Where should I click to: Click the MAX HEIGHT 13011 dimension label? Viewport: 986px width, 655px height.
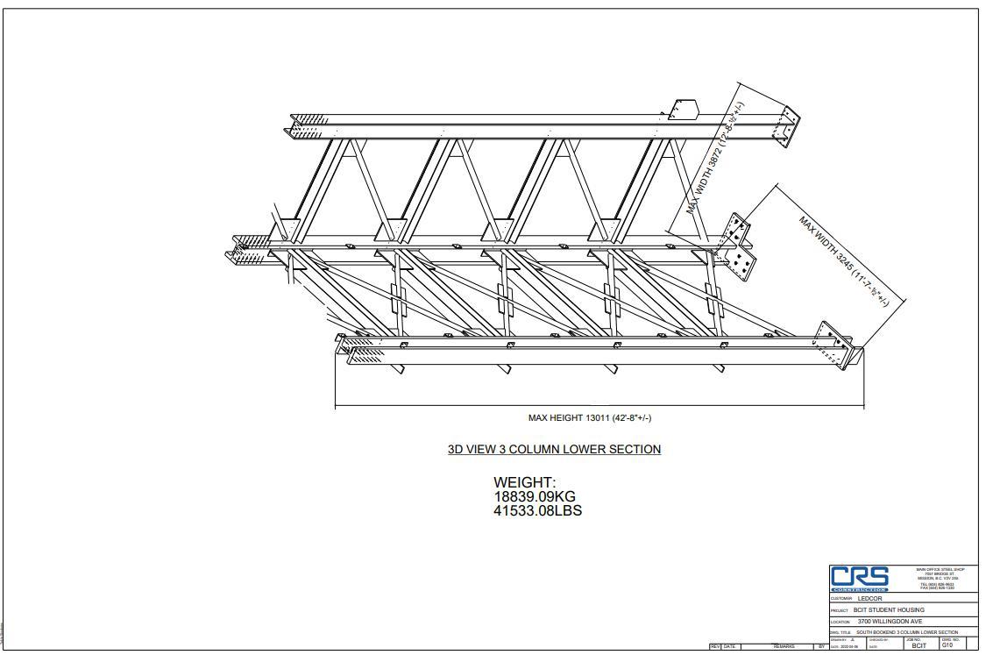click(589, 418)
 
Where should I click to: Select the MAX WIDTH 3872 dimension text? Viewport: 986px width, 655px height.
click(715, 159)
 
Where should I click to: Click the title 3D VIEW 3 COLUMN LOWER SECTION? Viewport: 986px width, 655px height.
click(554, 450)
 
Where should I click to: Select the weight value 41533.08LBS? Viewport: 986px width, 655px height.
click(537, 510)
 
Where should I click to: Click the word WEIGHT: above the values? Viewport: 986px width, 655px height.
click(524, 482)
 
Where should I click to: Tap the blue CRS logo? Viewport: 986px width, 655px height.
click(860, 578)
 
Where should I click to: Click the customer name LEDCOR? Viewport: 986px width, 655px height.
click(870, 599)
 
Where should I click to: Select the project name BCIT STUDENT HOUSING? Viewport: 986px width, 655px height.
click(888, 610)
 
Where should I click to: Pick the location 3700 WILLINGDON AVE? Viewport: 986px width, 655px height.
click(890, 622)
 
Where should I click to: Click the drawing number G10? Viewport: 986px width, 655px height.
click(947, 645)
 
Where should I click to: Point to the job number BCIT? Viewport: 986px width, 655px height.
click(919, 646)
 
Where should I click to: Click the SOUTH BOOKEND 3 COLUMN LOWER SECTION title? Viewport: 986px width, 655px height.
click(907, 632)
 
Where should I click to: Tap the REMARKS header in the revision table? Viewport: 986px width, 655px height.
click(784, 647)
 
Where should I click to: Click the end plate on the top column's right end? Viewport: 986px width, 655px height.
click(784, 126)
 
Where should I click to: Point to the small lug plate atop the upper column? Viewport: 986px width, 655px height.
click(682, 110)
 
